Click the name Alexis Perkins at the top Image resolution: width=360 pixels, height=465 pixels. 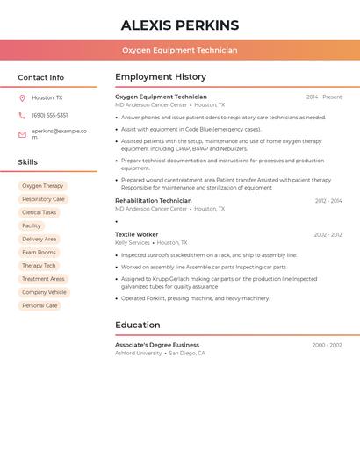click(x=180, y=25)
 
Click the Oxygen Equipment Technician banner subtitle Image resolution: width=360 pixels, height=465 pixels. click(x=180, y=50)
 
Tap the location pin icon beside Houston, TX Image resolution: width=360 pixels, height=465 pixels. click(x=22, y=98)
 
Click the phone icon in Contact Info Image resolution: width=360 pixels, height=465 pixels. click(x=22, y=116)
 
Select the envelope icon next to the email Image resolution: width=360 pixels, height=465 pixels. click(x=22, y=134)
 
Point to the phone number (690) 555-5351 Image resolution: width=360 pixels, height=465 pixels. click(x=50, y=116)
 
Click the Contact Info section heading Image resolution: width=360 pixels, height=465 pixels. click(x=41, y=77)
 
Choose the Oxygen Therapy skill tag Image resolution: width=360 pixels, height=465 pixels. click(x=43, y=186)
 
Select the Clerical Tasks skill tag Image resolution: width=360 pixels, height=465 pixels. click(x=39, y=212)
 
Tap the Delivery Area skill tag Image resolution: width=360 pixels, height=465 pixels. click(x=39, y=239)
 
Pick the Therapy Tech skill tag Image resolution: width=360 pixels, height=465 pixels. click(x=39, y=266)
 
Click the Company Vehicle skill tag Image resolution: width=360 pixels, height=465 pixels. click(x=44, y=292)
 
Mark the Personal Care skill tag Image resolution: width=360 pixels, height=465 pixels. click(x=40, y=305)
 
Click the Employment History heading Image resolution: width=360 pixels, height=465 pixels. click(x=161, y=77)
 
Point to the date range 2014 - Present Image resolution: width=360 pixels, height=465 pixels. click(x=324, y=97)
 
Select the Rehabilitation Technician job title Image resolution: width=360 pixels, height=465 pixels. click(x=154, y=201)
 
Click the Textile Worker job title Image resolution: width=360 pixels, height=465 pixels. click(x=137, y=234)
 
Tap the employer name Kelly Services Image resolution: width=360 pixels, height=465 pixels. click(x=133, y=242)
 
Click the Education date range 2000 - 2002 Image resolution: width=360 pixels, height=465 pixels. click(x=327, y=345)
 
